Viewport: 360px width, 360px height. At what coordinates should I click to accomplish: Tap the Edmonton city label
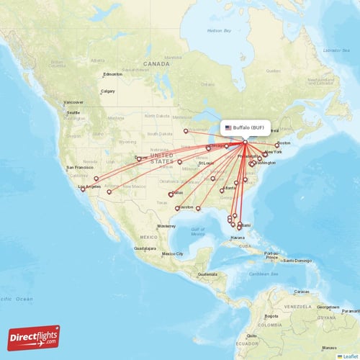coord(113,74)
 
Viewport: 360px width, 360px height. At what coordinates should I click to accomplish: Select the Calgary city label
coord(108,91)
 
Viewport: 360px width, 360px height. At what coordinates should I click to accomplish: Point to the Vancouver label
coord(73,102)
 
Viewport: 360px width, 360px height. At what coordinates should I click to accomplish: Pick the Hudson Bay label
coord(219,31)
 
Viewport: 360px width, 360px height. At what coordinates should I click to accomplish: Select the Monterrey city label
coord(166,226)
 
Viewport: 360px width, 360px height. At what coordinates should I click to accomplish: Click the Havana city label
coord(238,237)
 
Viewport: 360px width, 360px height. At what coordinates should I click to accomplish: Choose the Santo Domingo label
coord(296,260)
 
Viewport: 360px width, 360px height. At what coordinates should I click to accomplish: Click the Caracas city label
coord(302,291)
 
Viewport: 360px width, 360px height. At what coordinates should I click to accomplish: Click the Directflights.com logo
coord(33,337)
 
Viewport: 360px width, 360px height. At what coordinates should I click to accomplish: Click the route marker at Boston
coord(277,144)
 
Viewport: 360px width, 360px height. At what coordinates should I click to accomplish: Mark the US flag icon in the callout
coord(228,127)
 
